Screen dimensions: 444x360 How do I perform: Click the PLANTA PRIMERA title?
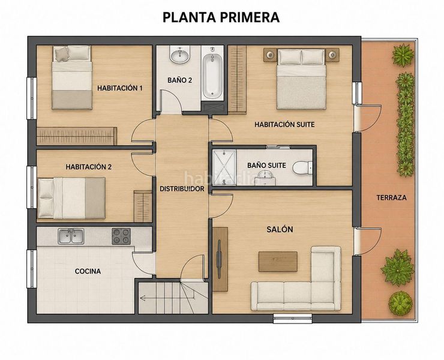pos(221,17)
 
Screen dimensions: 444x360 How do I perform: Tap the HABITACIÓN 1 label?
pos(120,88)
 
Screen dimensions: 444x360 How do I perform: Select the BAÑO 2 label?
pos(180,80)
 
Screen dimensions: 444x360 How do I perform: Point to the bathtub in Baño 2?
pos(212,76)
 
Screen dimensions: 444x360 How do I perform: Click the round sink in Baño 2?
pos(179,55)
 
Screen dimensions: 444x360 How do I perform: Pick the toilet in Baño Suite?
pos(302,167)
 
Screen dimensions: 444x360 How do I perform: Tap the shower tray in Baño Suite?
pos(224,167)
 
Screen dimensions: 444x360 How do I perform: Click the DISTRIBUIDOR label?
pos(182,189)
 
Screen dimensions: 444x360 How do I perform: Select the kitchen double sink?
pos(71,236)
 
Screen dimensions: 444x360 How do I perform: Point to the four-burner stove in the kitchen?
pos(121,236)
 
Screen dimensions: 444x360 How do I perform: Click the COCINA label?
pos(88,271)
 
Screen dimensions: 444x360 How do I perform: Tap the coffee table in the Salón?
pos(278,262)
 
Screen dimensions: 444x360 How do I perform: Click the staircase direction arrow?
pos(167,298)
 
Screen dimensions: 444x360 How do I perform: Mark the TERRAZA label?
pos(391,198)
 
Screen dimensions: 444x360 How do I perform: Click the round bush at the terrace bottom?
pos(400,303)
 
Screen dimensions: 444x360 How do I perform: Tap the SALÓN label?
pos(280,229)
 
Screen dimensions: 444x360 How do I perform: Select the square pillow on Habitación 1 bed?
pos(62,54)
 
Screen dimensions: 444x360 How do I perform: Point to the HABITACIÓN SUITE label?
pos(284,124)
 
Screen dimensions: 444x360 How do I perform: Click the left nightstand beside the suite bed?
pos(270,55)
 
